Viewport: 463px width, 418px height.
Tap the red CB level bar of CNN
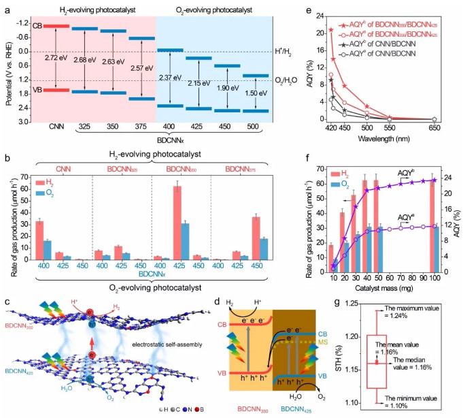click(x=51, y=26)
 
